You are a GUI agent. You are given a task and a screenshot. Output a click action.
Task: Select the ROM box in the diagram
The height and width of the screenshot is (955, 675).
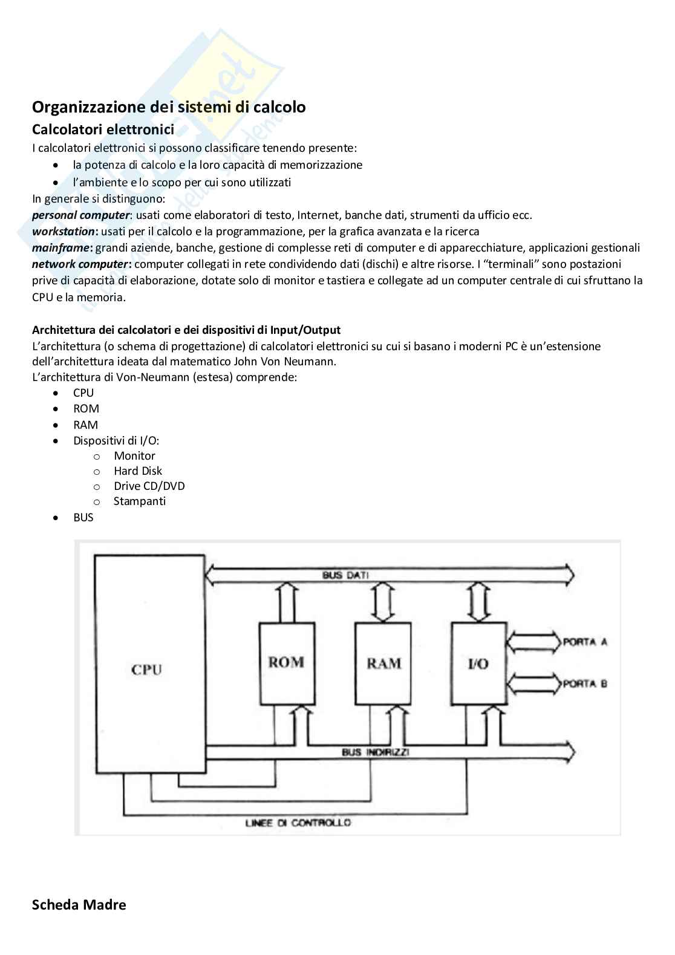pyautogui.click(x=287, y=663)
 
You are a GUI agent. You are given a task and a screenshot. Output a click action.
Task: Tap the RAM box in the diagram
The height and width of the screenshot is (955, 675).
pyautogui.click(x=384, y=663)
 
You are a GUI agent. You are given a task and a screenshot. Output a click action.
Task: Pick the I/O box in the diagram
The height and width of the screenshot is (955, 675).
pyautogui.click(x=478, y=663)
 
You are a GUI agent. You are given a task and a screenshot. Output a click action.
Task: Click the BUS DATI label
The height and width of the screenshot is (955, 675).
pyautogui.click(x=345, y=575)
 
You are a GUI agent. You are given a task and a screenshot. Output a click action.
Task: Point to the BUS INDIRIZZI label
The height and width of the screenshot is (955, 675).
pyautogui.click(x=376, y=752)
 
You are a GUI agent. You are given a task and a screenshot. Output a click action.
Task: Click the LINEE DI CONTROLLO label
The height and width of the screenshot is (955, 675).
pyautogui.click(x=298, y=823)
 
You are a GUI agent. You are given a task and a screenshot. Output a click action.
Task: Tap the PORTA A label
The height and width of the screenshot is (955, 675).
pyautogui.click(x=585, y=642)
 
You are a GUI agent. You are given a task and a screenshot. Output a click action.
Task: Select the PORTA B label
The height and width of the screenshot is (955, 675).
pyautogui.click(x=585, y=684)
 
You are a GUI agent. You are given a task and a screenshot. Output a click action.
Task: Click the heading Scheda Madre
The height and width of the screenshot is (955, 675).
pyautogui.click(x=79, y=905)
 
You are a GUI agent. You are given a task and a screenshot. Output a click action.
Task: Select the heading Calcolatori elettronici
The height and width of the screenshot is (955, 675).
pyautogui.click(x=103, y=129)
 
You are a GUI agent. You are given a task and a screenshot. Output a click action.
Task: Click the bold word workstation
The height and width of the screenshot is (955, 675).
pyautogui.click(x=64, y=231)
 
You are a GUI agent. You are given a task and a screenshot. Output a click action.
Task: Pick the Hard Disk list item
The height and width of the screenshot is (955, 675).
pyautogui.click(x=138, y=471)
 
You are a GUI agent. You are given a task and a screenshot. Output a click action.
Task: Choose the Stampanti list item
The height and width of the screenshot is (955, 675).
pyautogui.click(x=139, y=501)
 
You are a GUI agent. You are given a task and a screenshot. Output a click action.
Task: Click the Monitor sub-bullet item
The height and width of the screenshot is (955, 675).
pyautogui.click(x=134, y=455)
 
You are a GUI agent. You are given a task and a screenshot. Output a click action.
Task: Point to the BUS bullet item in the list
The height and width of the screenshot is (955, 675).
pyautogui.click(x=83, y=517)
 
